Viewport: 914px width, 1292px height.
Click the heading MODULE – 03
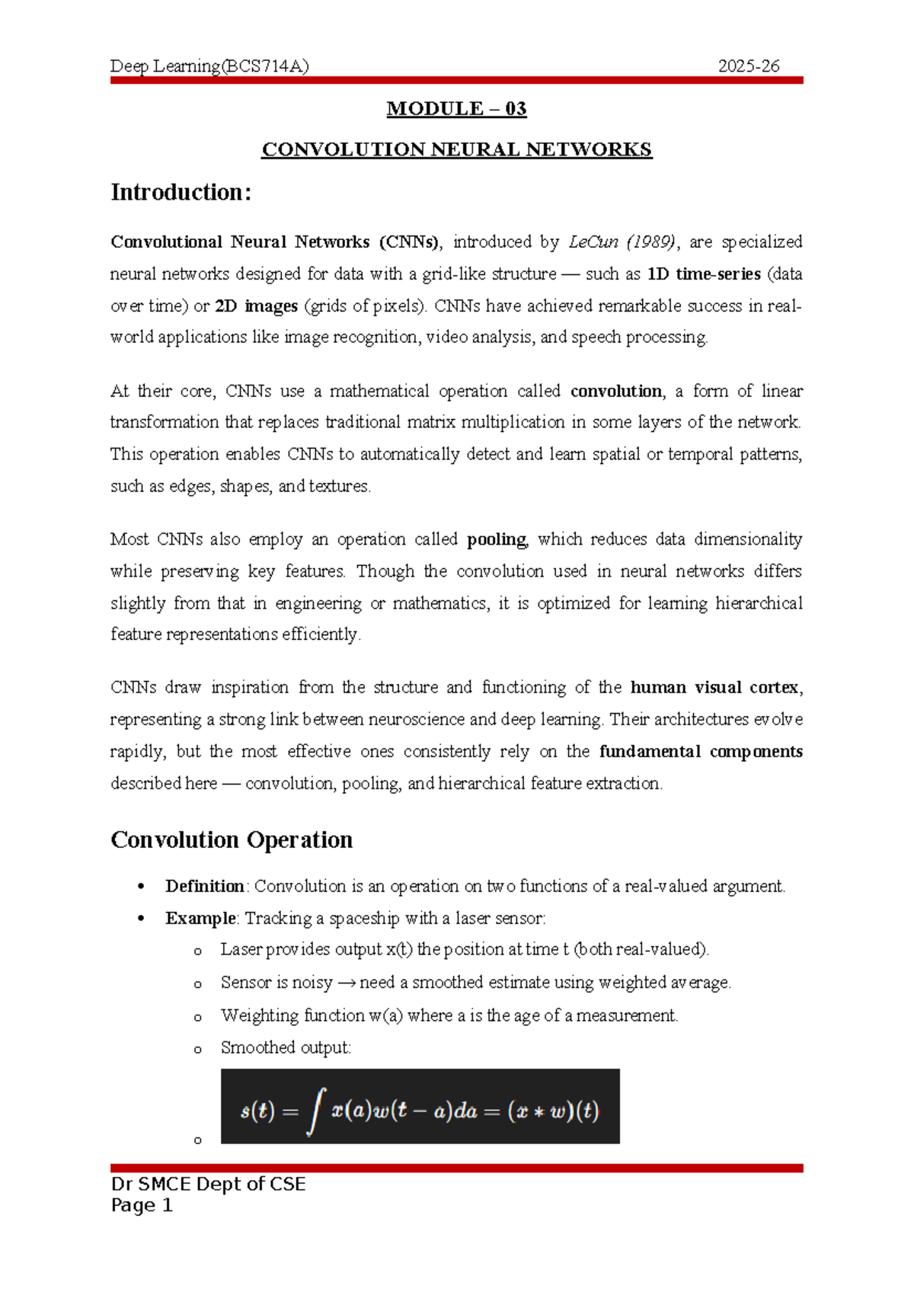(x=456, y=109)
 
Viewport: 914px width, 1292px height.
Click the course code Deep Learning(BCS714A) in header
(x=209, y=66)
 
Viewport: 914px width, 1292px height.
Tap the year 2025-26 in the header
(x=749, y=66)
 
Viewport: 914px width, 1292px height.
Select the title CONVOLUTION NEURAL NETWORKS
(x=456, y=149)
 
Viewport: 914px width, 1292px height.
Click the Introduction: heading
(x=181, y=192)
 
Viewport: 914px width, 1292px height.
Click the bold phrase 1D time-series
(x=704, y=274)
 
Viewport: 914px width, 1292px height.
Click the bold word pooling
(x=497, y=539)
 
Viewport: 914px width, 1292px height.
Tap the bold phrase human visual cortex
(x=714, y=687)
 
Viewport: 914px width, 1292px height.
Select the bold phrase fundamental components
(x=701, y=752)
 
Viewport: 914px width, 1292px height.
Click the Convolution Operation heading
(x=232, y=840)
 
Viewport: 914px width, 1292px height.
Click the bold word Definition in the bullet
(x=204, y=886)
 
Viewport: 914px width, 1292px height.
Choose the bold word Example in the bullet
(x=200, y=918)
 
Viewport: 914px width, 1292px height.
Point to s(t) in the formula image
(x=257, y=1111)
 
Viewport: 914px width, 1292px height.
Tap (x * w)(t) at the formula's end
(x=553, y=1111)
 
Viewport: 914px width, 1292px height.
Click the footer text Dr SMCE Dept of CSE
(x=208, y=1184)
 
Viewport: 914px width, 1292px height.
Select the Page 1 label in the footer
(x=142, y=1205)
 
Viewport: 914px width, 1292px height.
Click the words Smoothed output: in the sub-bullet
(x=286, y=1047)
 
